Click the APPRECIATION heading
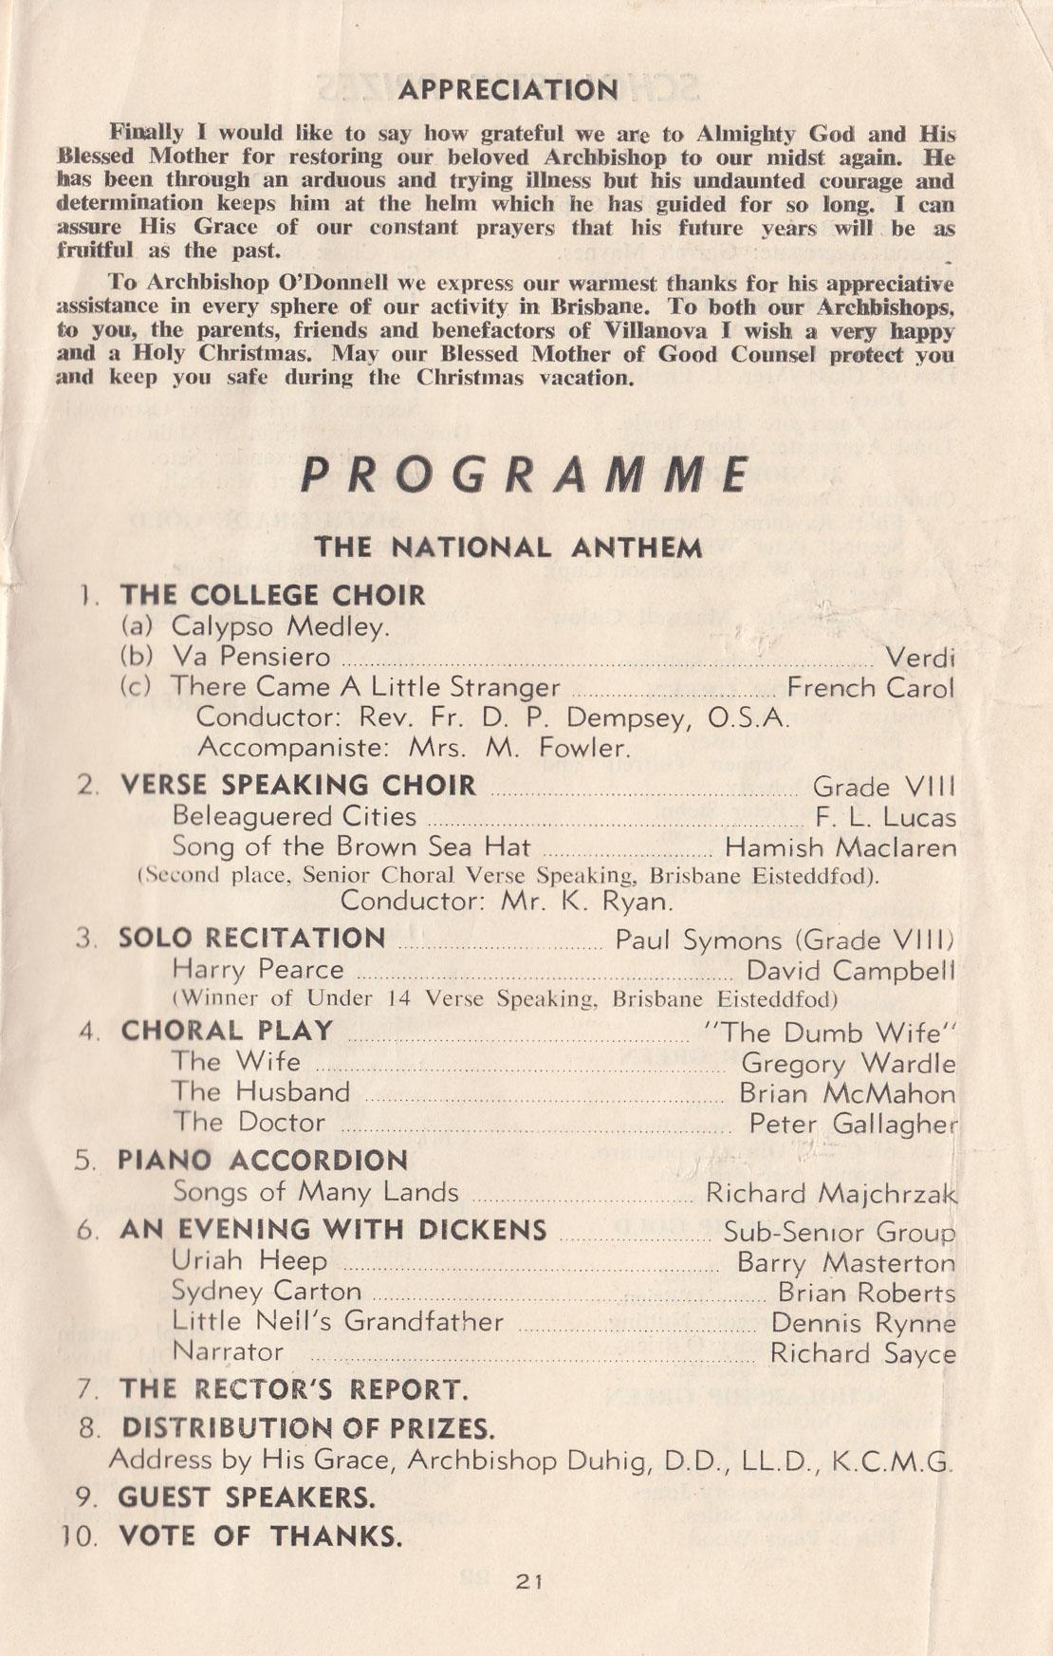click(508, 90)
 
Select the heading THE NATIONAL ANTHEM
click(508, 548)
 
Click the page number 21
click(528, 1581)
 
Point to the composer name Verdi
click(919, 658)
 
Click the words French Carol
click(871, 688)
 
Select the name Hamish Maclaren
click(841, 847)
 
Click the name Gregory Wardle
click(848, 1064)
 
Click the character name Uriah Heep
click(249, 1261)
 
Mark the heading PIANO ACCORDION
click(263, 1160)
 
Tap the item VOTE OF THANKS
click(261, 1535)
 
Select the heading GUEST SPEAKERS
click(247, 1498)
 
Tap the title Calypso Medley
click(280, 626)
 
